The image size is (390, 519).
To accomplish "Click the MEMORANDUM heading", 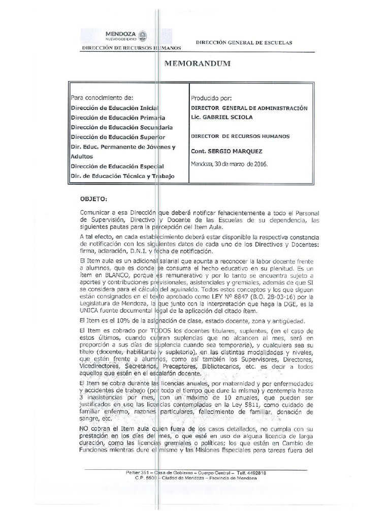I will tap(198, 64).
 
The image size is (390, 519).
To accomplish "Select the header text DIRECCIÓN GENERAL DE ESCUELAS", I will tap(243, 43).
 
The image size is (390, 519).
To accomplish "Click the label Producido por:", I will tap(211, 98).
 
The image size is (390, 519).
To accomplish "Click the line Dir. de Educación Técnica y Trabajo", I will tap(122, 175).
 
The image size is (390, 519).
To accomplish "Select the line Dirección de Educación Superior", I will tap(118, 137).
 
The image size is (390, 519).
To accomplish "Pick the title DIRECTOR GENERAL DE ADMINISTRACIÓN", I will tap(249, 108).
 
